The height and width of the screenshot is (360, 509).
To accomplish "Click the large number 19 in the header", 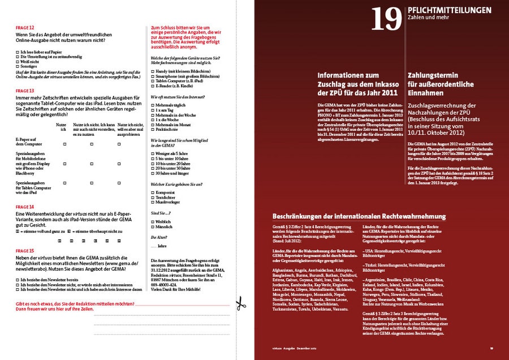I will tap(386, 19).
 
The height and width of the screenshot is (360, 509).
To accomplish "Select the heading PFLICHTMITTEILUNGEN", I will tap(449, 10).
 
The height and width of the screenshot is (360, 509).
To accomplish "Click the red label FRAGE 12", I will tap(25, 27).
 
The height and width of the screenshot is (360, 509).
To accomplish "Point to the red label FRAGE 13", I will tap(25, 91).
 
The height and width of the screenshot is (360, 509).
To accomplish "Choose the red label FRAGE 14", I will tap(25, 207).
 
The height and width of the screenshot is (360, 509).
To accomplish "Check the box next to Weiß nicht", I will tap(18, 62).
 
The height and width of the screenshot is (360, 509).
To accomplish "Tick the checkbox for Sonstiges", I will tap(18, 66).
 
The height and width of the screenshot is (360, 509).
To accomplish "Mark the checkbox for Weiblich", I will tap(153, 221).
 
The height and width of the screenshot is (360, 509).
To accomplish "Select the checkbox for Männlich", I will tap(153, 226).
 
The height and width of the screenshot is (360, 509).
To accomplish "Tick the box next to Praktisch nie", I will tap(153, 130).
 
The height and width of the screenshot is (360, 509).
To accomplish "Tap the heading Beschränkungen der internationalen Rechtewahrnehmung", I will tap(359, 216).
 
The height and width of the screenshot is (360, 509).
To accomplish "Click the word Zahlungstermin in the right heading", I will tap(434, 75).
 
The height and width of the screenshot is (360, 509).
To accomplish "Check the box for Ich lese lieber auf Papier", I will tap(18, 52).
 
